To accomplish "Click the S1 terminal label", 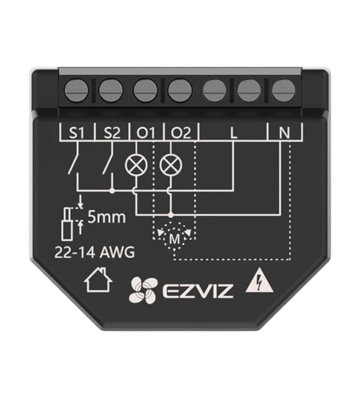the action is coord(77,133).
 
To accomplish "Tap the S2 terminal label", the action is coord(112,133).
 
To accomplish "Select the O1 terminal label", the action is coord(146,133).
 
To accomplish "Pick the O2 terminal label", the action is coord(181,133).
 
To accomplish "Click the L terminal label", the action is coord(233,133).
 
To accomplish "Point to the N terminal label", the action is coord(284,133).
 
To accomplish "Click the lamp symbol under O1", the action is coord(136,165).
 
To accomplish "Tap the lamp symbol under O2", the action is coord(171,165).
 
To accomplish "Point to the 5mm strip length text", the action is coord(106,218).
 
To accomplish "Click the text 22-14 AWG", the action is coord(95,252).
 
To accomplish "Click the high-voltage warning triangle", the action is coord(260,280).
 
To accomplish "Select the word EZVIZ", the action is coord(197,291).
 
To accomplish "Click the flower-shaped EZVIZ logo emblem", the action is coord(143,290).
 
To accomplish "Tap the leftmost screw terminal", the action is coord(77,91).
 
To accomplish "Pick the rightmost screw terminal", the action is coord(283,91).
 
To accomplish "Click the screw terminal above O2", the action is coord(180,91).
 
